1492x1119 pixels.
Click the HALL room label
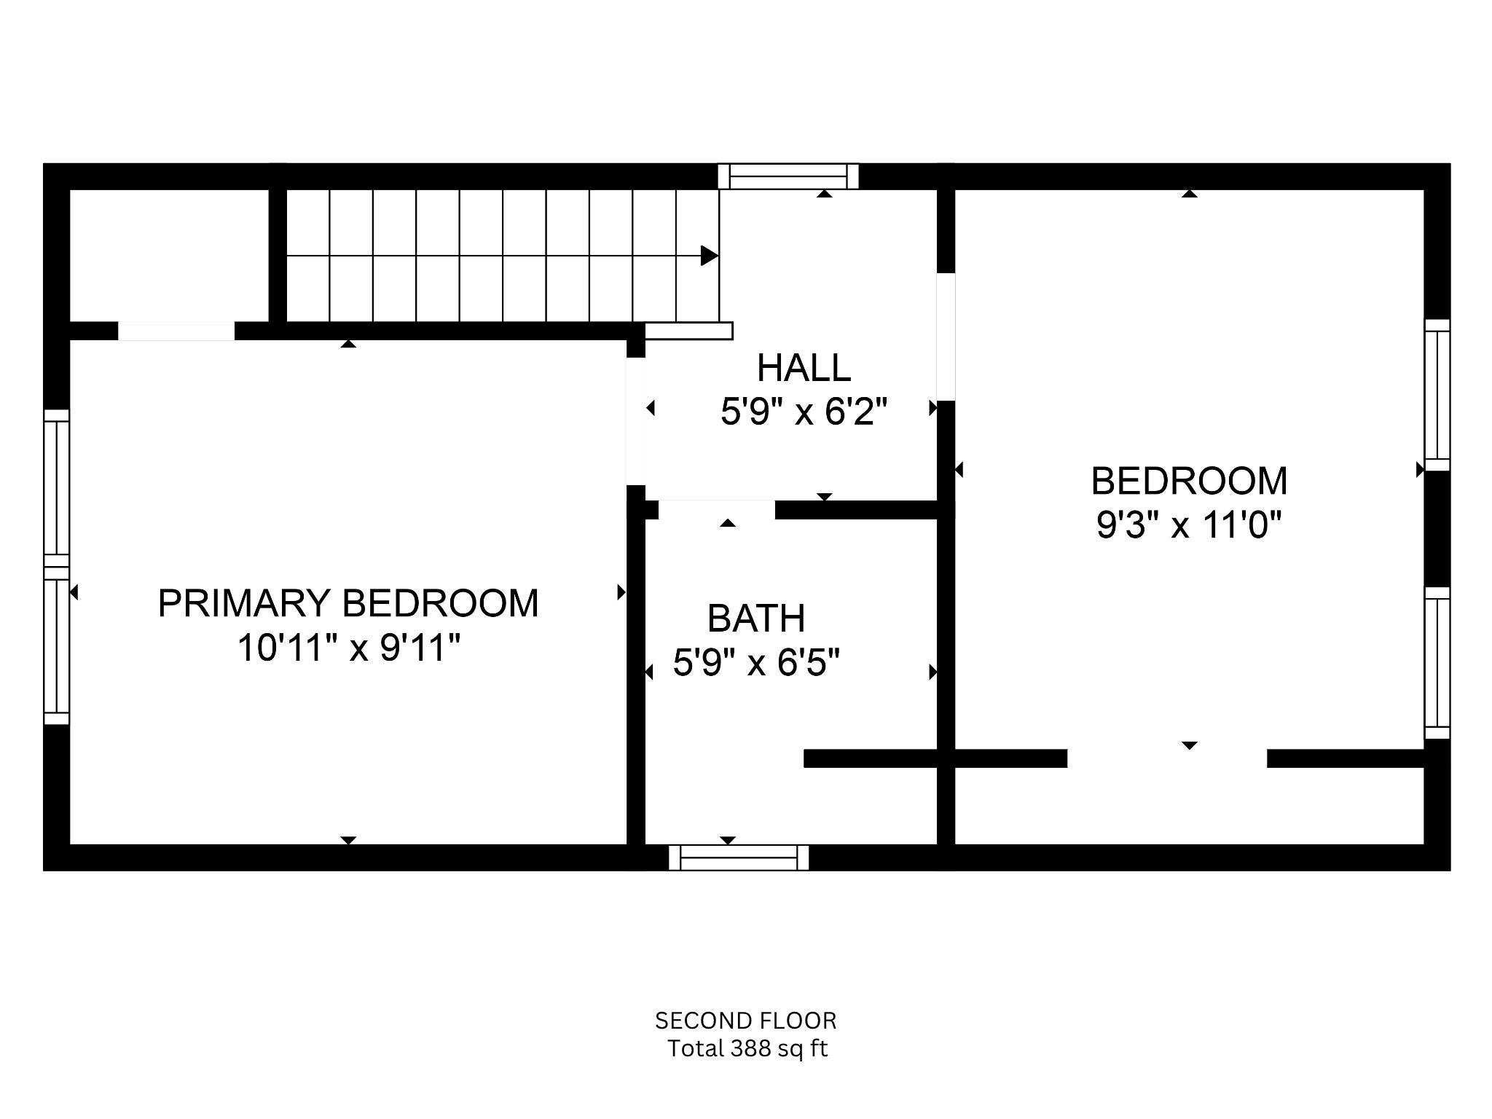(x=804, y=368)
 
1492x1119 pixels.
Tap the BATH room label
(x=756, y=619)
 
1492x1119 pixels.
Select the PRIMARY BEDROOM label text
(x=348, y=603)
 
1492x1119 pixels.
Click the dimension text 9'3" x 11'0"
(x=1189, y=525)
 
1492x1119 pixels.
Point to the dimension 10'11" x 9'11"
(x=349, y=648)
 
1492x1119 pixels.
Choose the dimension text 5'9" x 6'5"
(x=756, y=663)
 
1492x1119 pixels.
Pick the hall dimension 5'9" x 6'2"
(x=804, y=413)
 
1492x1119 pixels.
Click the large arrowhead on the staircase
(x=709, y=256)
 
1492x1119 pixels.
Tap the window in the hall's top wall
(x=788, y=176)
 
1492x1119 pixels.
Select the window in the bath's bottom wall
(x=739, y=857)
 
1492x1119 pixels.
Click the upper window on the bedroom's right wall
(x=1437, y=395)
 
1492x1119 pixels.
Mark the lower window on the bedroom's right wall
(x=1437, y=663)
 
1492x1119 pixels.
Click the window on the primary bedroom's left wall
(x=57, y=567)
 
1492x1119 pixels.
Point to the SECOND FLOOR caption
(x=745, y=1021)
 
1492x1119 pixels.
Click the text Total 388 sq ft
(x=747, y=1049)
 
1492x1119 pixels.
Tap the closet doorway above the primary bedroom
(x=176, y=331)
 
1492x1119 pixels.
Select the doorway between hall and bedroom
(x=946, y=337)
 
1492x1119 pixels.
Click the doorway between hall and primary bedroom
(x=635, y=421)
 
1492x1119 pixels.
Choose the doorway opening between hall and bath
(x=717, y=509)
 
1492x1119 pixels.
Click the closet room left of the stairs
(x=169, y=255)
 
